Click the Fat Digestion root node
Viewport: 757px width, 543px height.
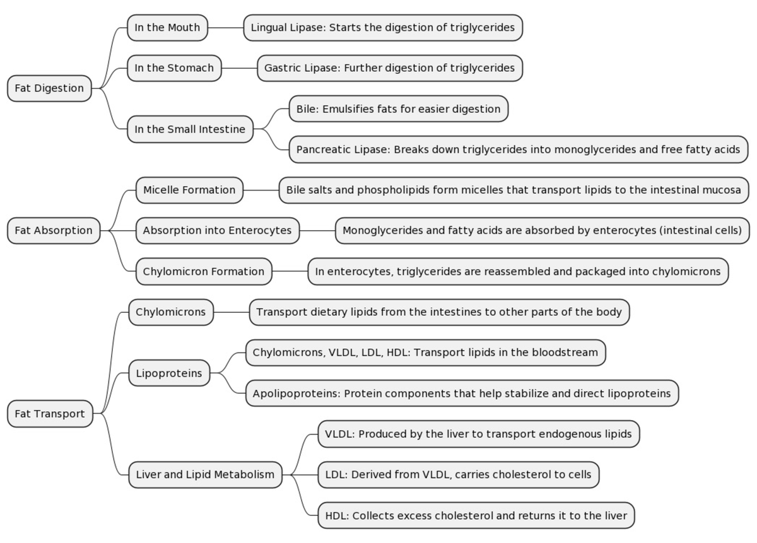[x=49, y=88]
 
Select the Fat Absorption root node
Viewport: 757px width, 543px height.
[x=54, y=231]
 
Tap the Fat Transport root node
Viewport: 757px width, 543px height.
[x=50, y=414]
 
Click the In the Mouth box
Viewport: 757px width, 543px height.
[x=167, y=28]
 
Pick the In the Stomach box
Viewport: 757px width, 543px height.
[x=174, y=68]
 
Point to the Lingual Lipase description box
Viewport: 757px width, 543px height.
[x=383, y=28]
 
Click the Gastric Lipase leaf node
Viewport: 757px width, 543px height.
[x=389, y=68]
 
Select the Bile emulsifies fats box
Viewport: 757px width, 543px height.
[x=398, y=109]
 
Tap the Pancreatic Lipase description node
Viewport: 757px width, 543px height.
[x=519, y=150]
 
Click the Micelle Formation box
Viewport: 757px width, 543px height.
[x=189, y=190]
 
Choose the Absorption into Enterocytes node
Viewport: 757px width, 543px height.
[x=217, y=231]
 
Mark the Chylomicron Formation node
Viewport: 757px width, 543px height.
[x=204, y=272]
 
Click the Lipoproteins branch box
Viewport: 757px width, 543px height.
[x=169, y=373]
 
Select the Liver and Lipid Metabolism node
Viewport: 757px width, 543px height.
[x=205, y=475]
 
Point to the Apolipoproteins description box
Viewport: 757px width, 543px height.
[x=462, y=394]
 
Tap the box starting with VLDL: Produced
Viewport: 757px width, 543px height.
[x=479, y=434]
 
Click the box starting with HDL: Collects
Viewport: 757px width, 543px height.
[x=476, y=516]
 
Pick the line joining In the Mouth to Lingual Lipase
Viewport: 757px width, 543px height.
[x=225, y=28]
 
